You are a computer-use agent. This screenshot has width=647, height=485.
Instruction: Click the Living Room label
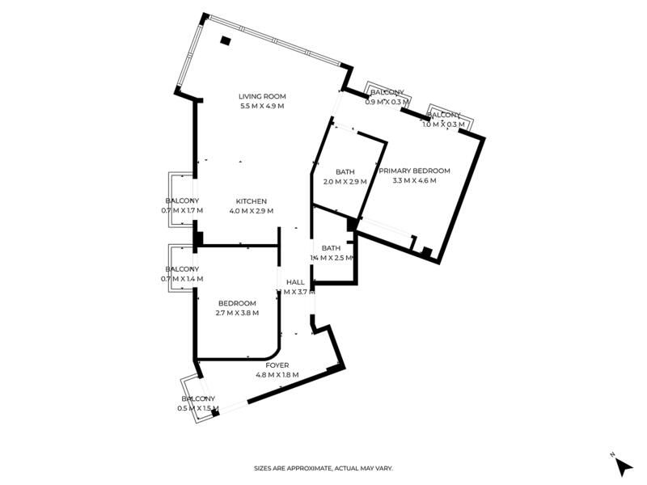tap(262, 96)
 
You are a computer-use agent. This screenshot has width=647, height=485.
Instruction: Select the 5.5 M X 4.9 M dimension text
tap(262, 107)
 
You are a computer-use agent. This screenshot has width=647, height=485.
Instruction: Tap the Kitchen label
tap(252, 201)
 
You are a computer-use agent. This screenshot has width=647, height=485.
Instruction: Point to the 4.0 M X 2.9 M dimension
tap(252, 211)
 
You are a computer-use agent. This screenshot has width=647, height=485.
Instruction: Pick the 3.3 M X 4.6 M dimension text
tap(414, 181)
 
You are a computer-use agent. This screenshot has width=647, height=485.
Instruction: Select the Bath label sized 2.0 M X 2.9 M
tap(345, 171)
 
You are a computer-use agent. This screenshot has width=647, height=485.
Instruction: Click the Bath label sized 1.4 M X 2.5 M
tap(331, 247)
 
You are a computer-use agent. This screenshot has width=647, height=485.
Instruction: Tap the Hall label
tap(295, 282)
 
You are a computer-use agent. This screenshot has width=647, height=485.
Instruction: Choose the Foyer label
tap(277, 365)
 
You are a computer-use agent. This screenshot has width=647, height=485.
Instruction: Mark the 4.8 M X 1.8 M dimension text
tap(277, 375)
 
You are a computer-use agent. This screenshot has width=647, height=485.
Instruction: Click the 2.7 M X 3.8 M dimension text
tap(237, 314)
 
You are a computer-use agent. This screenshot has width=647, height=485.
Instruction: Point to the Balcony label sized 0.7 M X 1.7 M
tap(182, 200)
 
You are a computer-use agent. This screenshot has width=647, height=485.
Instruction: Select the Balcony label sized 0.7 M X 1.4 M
tap(182, 268)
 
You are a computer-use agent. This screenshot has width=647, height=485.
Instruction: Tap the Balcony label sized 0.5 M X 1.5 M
tap(198, 399)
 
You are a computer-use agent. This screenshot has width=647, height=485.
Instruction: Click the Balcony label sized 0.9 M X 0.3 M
tap(387, 92)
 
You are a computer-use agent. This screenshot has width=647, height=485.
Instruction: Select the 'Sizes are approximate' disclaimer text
tap(323, 468)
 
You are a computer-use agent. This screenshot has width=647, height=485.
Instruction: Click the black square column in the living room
tap(226, 40)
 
